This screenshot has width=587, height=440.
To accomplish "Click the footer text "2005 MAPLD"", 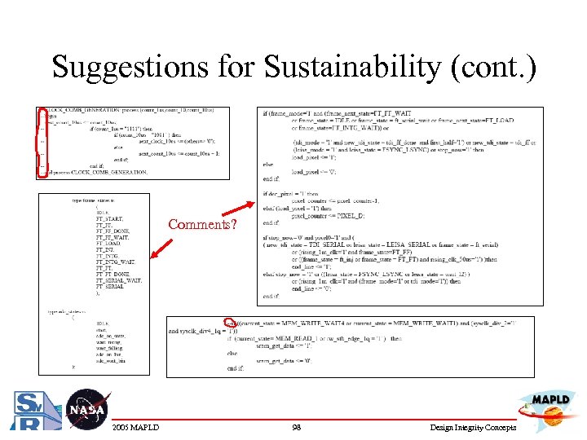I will pos(135,428).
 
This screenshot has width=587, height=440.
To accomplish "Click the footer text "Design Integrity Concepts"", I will pos(472,428).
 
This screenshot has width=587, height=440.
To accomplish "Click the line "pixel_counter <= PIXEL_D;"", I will pos(325,215).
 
